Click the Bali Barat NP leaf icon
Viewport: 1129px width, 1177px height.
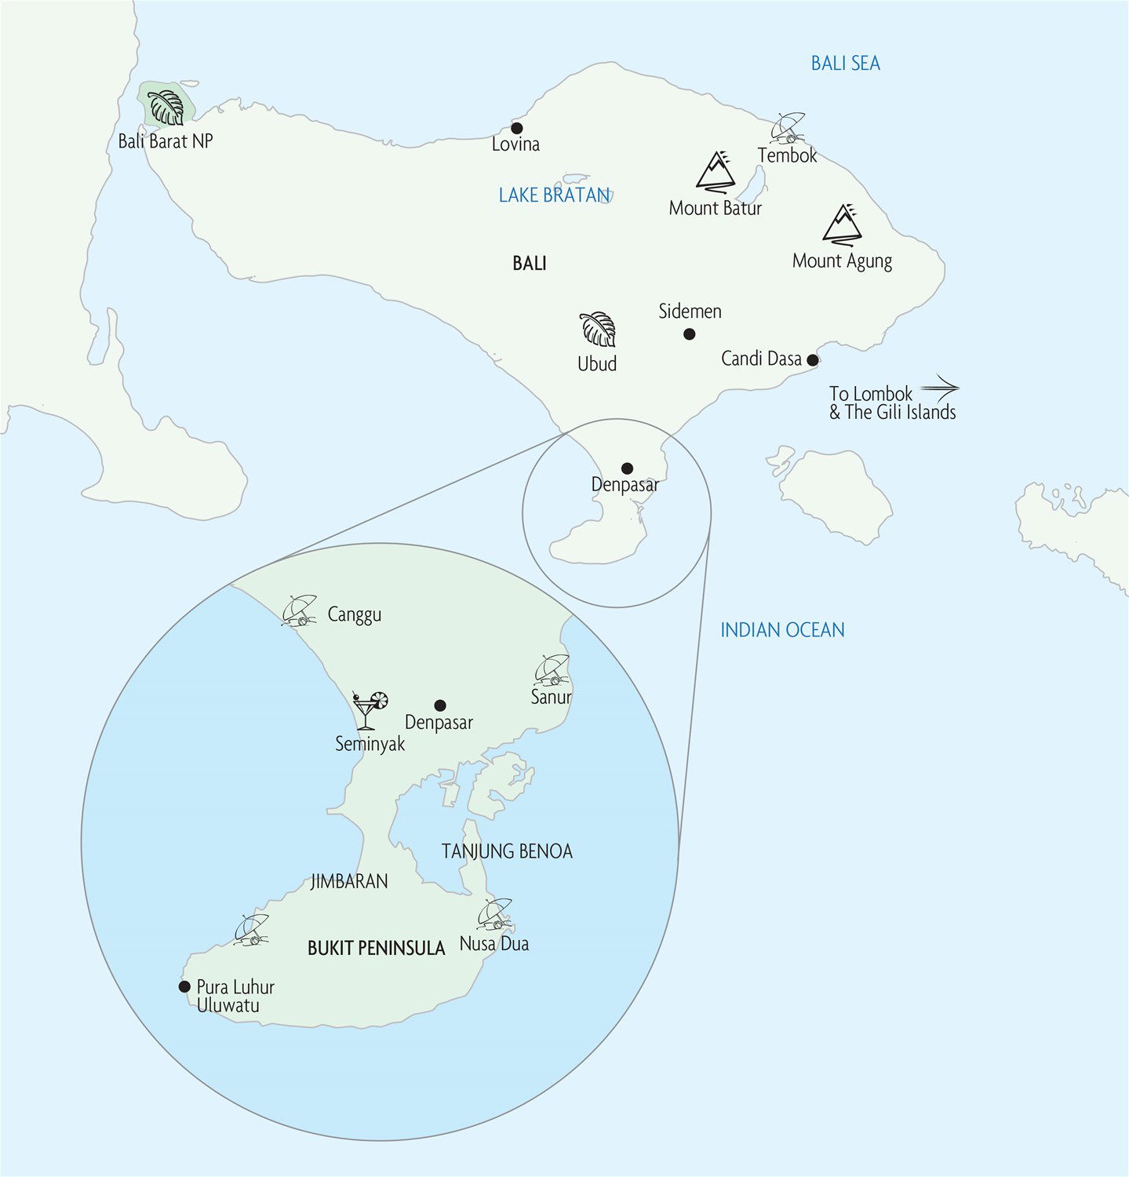(x=166, y=107)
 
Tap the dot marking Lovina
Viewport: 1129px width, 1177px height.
(x=516, y=128)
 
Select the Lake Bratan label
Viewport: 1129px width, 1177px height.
(x=554, y=195)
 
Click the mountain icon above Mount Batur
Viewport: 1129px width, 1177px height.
(x=716, y=172)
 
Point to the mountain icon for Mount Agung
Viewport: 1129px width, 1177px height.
(x=843, y=224)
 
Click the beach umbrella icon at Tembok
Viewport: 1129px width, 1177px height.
(x=788, y=128)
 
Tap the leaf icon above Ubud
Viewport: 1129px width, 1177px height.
(x=598, y=329)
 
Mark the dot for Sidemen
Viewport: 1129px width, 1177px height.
(x=689, y=334)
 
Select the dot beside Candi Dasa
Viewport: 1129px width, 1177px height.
(x=813, y=360)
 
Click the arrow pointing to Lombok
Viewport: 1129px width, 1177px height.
(x=939, y=387)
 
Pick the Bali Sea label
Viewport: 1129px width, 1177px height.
(x=845, y=63)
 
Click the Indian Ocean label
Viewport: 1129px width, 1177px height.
(x=782, y=629)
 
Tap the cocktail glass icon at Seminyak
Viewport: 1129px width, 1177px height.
(x=369, y=709)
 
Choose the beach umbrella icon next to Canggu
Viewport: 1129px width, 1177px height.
(x=299, y=610)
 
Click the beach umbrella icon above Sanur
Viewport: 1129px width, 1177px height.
(x=552, y=669)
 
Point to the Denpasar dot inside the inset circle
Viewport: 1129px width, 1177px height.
(x=440, y=705)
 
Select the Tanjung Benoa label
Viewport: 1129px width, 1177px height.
(x=507, y=851)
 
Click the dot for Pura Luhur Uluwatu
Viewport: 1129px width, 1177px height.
(x=184, y=986)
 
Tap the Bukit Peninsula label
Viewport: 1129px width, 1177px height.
(x=376, y=948)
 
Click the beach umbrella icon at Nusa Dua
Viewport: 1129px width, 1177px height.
(x=495, y=914)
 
